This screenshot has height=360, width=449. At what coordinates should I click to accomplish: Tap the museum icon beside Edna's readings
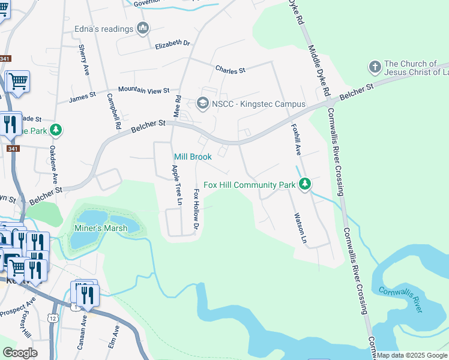coord(143,28)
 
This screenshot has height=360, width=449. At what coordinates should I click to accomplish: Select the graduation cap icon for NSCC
coord(202,104)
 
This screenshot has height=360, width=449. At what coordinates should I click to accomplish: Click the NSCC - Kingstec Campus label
coord(259,104)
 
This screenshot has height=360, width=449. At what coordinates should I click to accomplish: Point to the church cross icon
coord(375,66)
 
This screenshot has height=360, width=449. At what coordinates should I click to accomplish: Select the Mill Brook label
coord(193,157)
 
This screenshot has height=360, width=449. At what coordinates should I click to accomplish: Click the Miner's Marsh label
coord(100,228)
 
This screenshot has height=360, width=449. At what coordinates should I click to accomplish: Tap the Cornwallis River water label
coord(400,299)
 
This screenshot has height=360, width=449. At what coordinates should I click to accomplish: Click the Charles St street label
coord(231,70)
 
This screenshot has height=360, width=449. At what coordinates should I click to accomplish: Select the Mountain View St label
coord(144,90)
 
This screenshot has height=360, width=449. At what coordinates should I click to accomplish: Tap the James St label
coord(83,97)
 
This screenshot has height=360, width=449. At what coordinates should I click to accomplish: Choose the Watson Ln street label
coord(300,229)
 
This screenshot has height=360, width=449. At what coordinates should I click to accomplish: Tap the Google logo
coord(20,353)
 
